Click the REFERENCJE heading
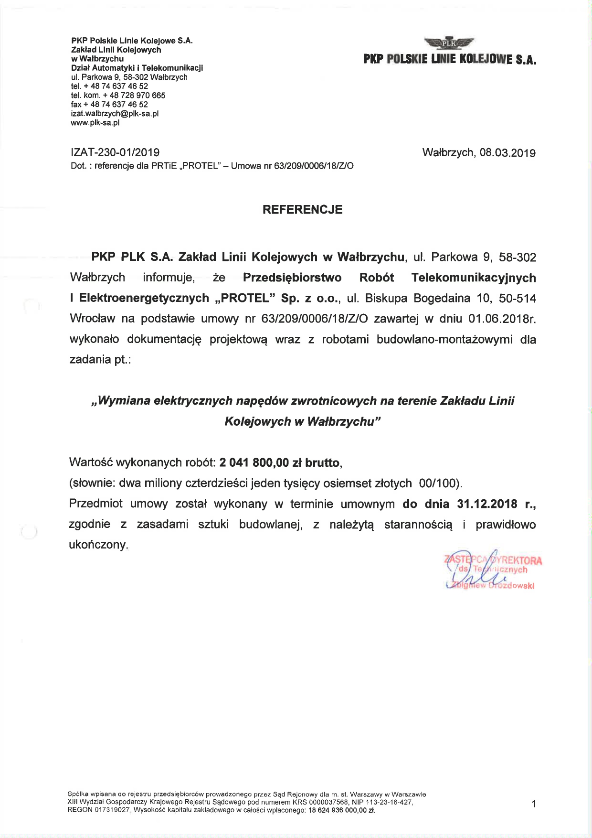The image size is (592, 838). (x=302, y=210)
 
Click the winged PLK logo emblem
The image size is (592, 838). (x=449, y=43)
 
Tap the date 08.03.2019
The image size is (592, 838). (x=507, y=153)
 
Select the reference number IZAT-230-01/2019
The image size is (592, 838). (x=115, y=152)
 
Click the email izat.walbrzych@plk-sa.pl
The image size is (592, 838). (x=115, y=114)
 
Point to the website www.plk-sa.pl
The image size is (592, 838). (x=95, y=123)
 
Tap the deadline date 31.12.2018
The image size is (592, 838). (x=487, y=504)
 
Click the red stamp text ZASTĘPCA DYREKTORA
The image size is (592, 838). (x=493, y=560)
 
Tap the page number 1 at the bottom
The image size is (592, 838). (x=534, y=804)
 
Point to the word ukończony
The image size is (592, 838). (x=98, y=545)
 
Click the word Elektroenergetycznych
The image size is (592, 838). (x=144, y=298)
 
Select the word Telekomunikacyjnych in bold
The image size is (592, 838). (x=474, y=278)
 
